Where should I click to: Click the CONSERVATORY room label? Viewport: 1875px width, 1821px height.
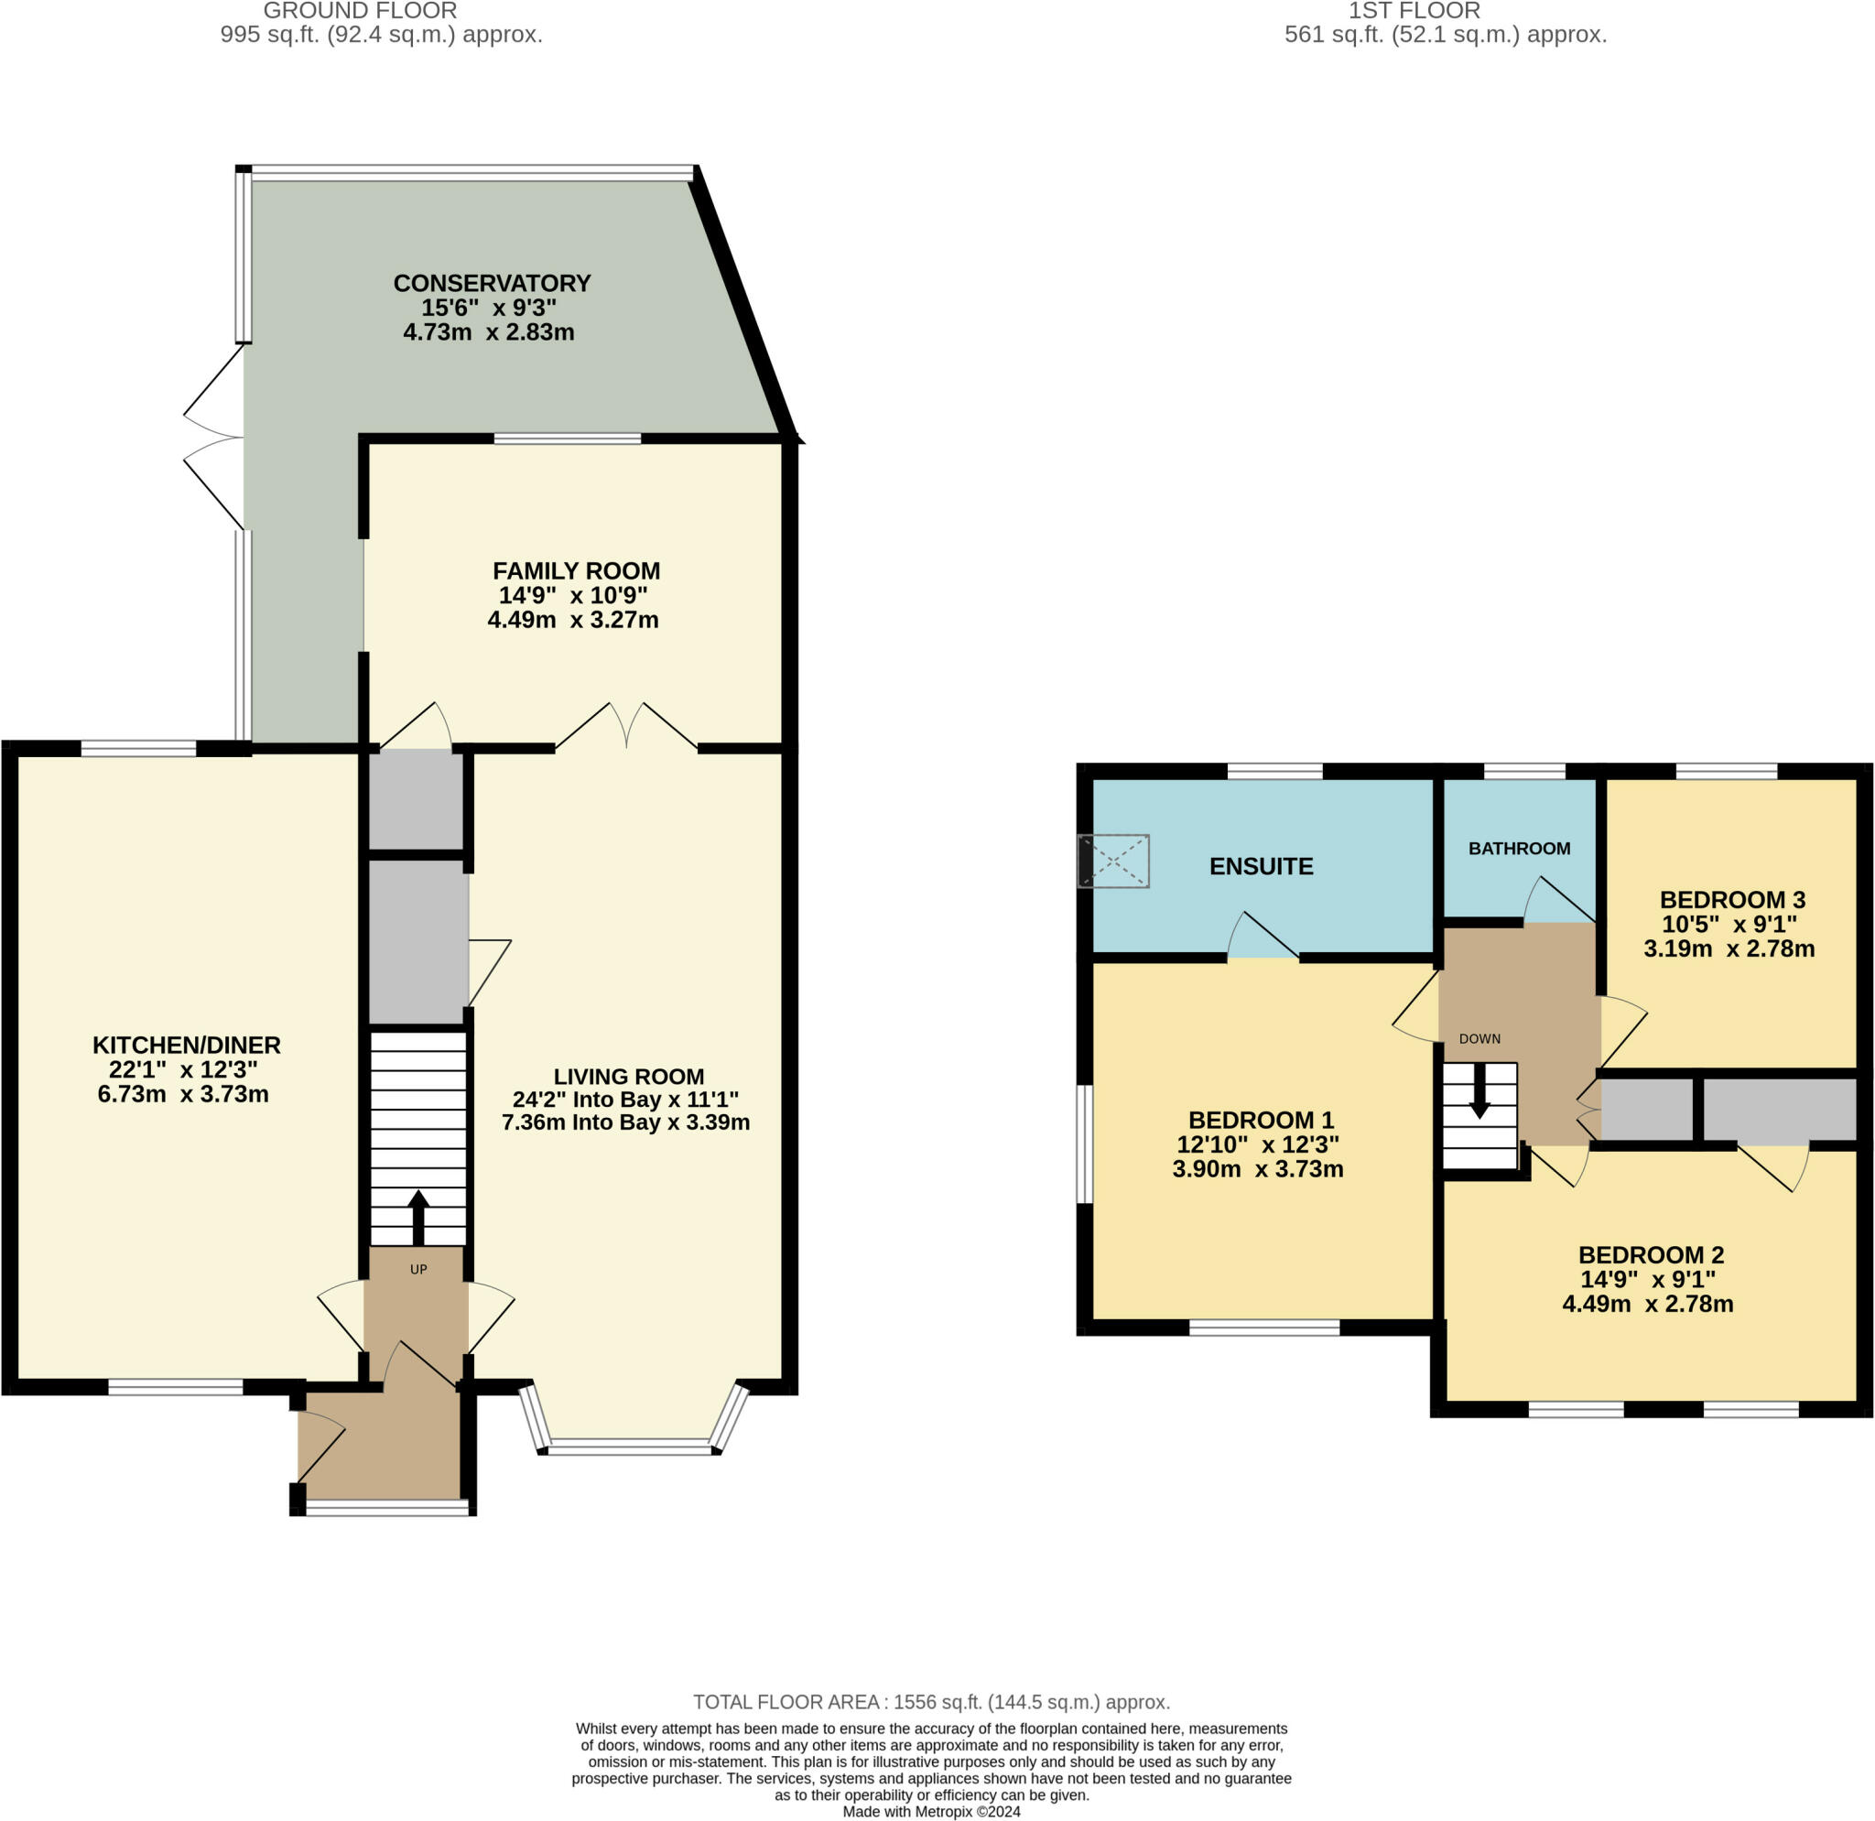click(x=492, y=283)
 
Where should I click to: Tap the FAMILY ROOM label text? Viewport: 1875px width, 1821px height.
click(x=576, y=571)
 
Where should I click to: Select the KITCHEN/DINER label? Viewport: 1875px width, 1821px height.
click(x=187, y=1046)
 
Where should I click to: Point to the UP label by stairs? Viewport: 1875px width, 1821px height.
click(x=418, y=1269)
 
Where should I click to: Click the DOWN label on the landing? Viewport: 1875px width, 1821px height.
click(x=1479, y=1038)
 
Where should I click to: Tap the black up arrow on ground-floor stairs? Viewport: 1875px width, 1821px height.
click(x=418, y=1214)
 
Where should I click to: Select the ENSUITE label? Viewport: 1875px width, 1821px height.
click(x=1261, y=866)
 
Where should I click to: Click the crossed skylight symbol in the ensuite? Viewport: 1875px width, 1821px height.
click(x=1113, y=861)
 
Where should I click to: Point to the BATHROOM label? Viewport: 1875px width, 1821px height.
click(x=1519, y=849)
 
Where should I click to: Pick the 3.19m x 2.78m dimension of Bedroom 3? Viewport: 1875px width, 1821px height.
click(x=1729, y=948)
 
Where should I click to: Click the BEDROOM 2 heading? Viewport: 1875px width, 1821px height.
click(x=1650, y=1255)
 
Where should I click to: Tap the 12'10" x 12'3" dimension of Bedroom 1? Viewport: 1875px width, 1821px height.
click(x=1257, y=1144)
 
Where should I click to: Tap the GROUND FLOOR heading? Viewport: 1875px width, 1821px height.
click(x=360, y=12)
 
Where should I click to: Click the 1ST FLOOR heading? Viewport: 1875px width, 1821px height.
click(x=1413, y=12)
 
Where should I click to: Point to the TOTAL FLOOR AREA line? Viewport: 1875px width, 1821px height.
click(x=931, y=1702)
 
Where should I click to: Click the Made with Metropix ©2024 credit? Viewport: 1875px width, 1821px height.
click(x=931, y=1812)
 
